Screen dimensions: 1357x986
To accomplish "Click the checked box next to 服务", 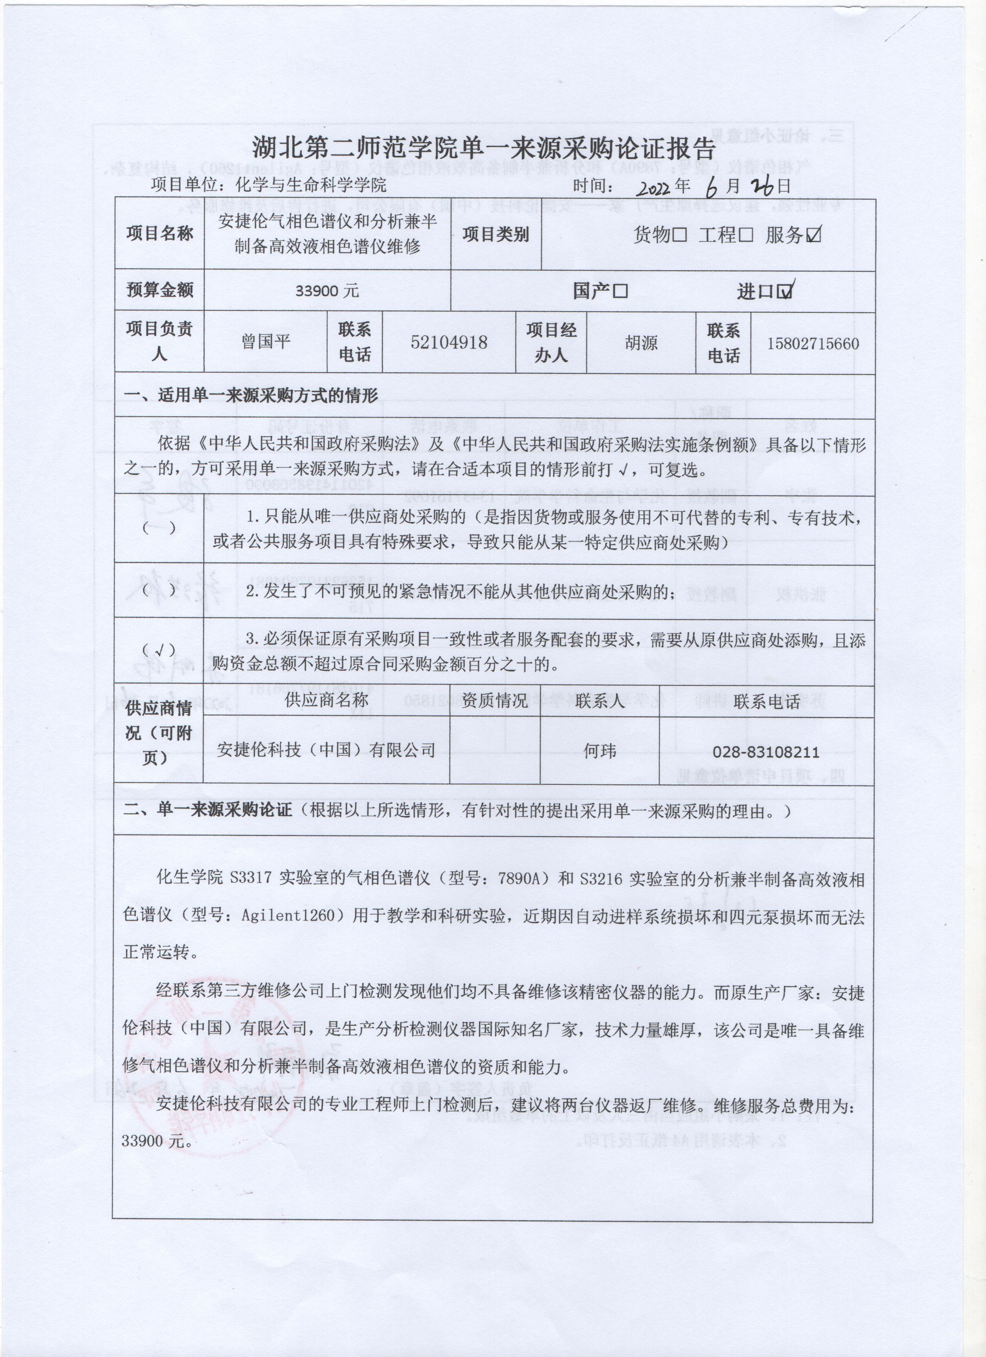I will tap(813, 235).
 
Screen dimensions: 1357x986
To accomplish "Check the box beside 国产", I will tap(621, 292).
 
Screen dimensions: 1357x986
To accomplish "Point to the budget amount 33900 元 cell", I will tap(327, 291).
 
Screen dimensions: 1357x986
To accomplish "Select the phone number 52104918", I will tap(449, 342).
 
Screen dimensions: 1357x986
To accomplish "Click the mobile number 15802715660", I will tap(812, 343).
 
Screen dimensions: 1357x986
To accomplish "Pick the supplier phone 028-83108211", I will tap(766, 752).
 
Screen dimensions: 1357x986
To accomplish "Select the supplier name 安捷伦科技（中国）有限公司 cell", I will tap(326, 750).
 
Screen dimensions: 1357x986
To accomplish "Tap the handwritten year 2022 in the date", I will tap(654, 189).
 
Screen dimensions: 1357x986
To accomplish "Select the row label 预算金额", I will tap(159, 290).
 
